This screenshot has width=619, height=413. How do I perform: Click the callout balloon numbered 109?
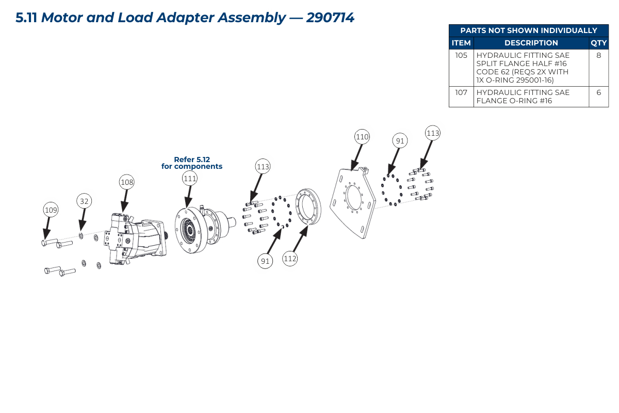(51, 210)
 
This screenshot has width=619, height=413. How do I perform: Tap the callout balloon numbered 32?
(84, 201)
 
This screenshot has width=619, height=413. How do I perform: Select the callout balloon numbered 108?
(127, 182)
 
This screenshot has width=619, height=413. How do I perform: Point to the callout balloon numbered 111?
(190, 179)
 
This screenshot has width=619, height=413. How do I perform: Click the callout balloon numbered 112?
(290, 259)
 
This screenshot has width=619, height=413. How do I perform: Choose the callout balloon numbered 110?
(362, 137)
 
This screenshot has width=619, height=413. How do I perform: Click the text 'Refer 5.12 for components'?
(192, 163)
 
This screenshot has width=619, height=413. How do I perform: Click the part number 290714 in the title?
(330, 18)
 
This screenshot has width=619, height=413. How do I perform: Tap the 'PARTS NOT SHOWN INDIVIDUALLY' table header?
(529, 30)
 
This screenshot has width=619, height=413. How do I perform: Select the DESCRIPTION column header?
(531, 43)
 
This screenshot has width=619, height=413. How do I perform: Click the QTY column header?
(598, 43)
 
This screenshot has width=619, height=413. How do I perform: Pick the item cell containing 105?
(461, 68)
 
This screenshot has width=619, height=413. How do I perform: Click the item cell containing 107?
(461, 97)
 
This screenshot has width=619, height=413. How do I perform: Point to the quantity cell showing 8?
(598, 68)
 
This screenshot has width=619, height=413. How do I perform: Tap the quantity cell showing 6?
(598, 97)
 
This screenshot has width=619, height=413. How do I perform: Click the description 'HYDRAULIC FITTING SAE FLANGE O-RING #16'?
(523, 97)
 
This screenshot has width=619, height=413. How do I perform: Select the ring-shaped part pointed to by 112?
(308, 206)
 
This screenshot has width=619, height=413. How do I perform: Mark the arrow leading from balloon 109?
(47, 229)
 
